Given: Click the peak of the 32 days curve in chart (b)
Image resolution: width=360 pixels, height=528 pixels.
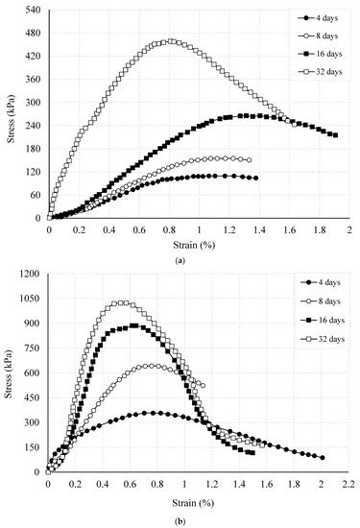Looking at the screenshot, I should (119, 303).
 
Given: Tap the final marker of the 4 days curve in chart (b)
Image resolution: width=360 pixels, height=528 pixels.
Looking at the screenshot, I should (322, 458).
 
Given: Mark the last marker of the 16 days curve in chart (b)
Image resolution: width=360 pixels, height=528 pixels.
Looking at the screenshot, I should (252, 453).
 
